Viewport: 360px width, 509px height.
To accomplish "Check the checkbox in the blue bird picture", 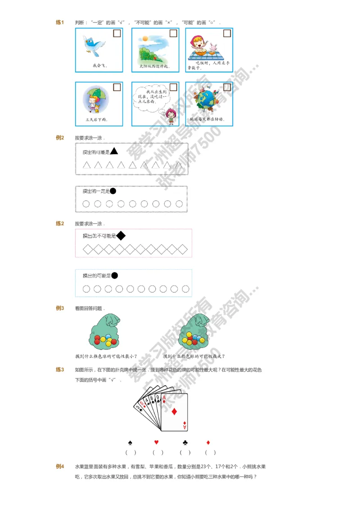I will [117, 33].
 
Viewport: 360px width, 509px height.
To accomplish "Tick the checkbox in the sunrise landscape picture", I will [173, 33].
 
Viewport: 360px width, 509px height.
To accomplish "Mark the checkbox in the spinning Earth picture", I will [227, 87].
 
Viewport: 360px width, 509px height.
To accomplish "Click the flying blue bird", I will [94, 45].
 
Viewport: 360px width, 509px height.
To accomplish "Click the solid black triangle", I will [114, 152].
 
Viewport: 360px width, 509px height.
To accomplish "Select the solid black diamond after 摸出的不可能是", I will [121, 235].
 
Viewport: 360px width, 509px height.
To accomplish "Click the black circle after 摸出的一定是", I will [113, 191].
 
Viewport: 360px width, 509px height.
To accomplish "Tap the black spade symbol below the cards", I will [130, 442].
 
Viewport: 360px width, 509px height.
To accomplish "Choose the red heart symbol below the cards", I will [157, 442].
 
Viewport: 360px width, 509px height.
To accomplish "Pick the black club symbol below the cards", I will [185, 442].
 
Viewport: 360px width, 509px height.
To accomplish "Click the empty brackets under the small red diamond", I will [210, 452].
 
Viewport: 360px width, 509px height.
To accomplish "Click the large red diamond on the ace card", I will [175, 411].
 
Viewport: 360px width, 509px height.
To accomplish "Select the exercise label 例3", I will [60, 308].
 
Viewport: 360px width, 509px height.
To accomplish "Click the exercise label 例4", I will [60, 467].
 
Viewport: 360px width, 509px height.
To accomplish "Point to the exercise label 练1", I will [60, 22].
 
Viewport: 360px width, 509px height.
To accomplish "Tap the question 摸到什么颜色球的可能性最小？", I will [106, 356].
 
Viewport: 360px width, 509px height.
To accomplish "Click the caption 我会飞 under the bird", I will [99, 66].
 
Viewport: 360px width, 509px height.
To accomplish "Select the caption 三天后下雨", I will [97, 120].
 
